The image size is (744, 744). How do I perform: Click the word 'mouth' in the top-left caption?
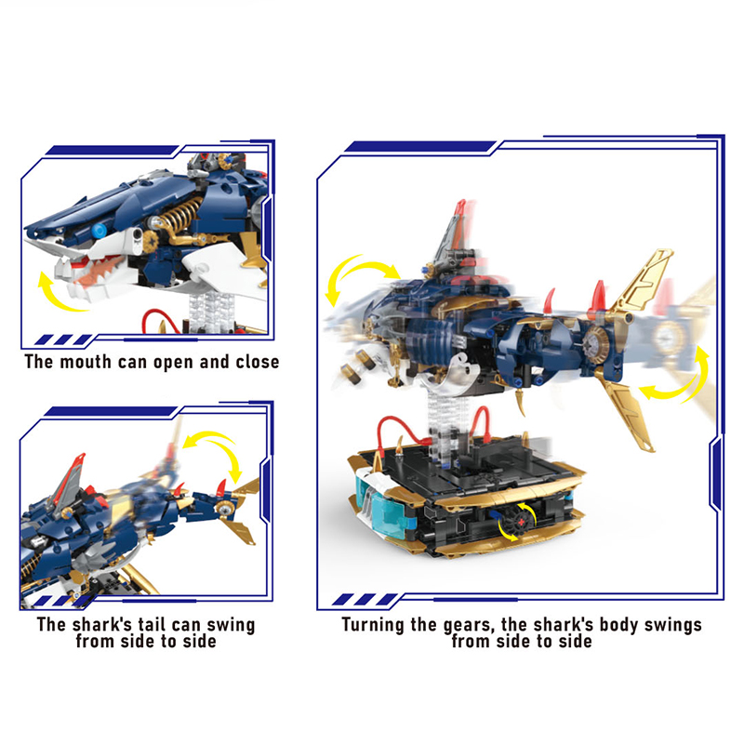[x=86, y=362]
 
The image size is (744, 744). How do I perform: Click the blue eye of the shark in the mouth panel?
[x=100, y=231]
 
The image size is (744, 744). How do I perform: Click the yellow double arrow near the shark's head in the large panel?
[x=357, y=277]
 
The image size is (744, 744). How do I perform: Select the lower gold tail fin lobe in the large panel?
[x=626, y=408]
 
